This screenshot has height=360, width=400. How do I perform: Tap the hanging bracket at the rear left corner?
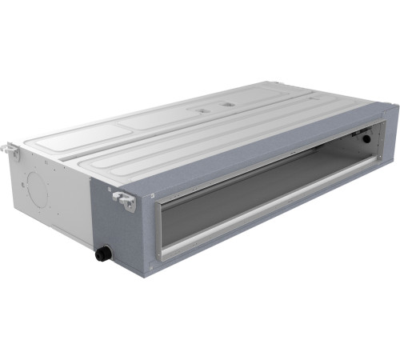tap(10, 150)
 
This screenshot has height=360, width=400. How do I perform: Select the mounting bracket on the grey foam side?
tap(124, 199)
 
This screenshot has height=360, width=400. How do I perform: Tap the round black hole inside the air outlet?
tap(366, 138)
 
